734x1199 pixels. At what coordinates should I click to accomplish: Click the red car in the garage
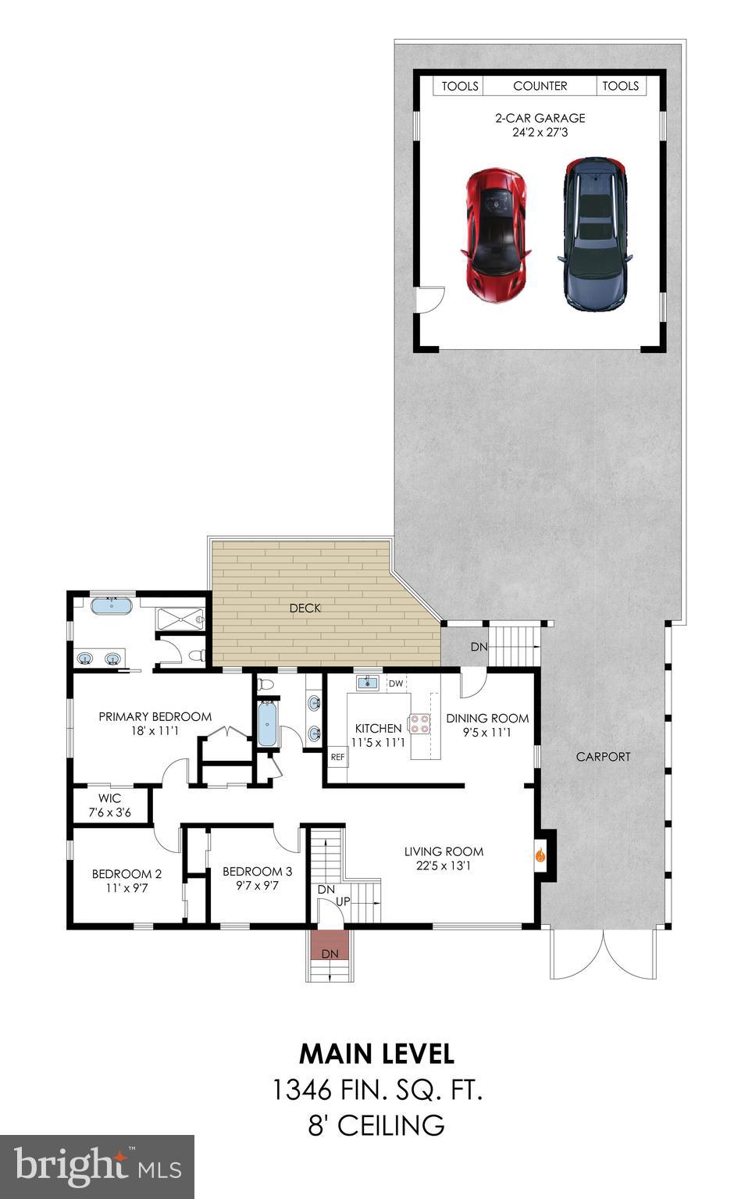point(497,234)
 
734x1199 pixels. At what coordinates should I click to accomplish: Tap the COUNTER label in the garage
point(540,86)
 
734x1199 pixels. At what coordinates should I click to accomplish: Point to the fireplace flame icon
point(540,855)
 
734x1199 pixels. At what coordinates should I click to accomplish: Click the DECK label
point(305,608)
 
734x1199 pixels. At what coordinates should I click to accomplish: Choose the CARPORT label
point(603,756)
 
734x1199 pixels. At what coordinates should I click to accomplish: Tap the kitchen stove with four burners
point(420,723)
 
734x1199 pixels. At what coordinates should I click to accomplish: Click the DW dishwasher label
point(396,683)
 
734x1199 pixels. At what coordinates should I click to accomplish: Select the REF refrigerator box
point(337,756)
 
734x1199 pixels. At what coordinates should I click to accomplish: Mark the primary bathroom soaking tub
point(112,605)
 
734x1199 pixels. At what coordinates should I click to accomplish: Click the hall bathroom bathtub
point(267,724)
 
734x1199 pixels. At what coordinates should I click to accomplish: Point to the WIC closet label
point(109,798)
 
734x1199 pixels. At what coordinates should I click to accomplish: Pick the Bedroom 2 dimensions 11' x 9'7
point(126,888)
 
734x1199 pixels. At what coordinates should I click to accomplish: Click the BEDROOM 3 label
point(257,871)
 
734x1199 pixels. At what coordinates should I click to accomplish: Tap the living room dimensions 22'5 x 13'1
point(444,865)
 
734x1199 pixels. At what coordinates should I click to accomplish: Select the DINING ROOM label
point(487,718)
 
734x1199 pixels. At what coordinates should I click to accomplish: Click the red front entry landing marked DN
point(330,946)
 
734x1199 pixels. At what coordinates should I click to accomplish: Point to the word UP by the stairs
point(343,901)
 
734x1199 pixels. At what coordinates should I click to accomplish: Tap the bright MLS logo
point(97,1167)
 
